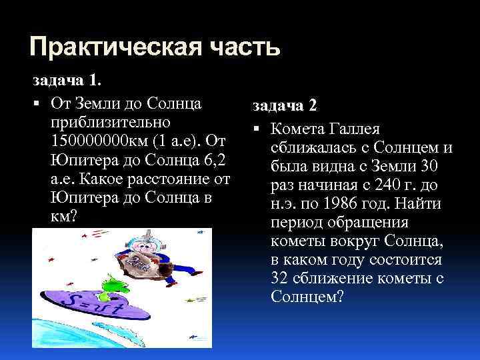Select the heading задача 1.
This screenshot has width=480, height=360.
[67, 80]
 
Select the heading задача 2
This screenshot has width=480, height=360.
[285, 107]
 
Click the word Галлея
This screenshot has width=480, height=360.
[362, 127]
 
